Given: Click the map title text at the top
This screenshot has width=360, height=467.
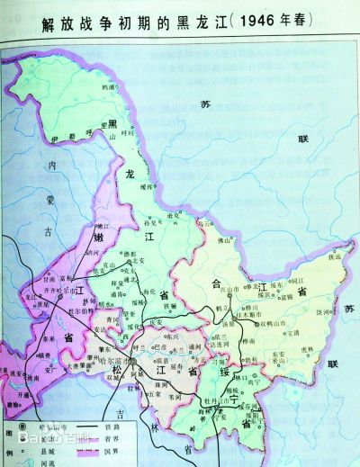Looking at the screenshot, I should coord(180,20).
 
